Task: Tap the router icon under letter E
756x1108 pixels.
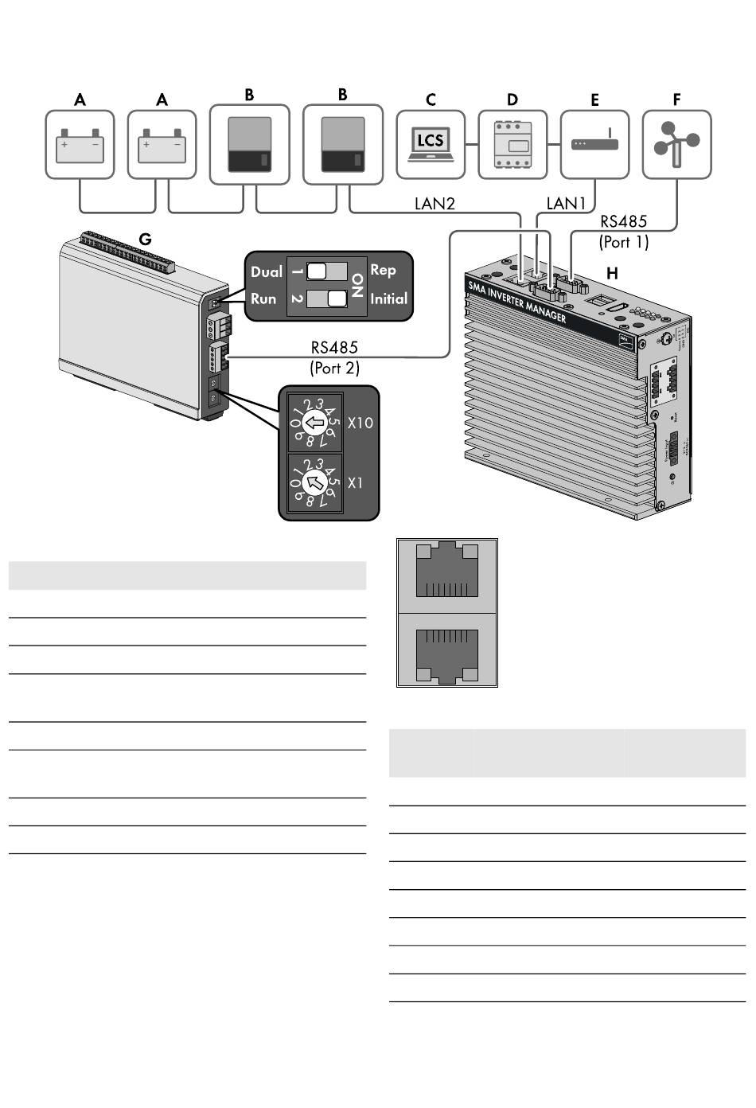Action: [x=594, y=144]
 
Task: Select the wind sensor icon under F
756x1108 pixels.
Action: [x=676, y=144]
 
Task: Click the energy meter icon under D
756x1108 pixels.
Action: [x=512, y=144]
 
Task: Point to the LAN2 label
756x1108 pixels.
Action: [x=435, y=204]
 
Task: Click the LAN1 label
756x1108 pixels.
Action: [x=566, y=204]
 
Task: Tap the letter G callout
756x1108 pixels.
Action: [x=145, y=239]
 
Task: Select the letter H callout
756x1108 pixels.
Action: [x=612, y=273]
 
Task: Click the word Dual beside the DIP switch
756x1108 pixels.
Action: [x=267, y=272]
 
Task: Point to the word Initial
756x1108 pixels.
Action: [x=388, y=299]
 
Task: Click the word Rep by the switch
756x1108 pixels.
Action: [x=383, y=271]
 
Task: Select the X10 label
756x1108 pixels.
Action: [x=360, y=423]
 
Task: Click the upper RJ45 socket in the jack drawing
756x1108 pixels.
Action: [x=446, y=570]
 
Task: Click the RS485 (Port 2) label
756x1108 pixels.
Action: [x=334, y=357]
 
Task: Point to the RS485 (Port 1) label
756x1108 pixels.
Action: [x=624, y=232]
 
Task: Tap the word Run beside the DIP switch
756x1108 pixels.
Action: [x=264, y=299]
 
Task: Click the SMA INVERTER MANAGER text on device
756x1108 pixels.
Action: [x=517, y=302]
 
